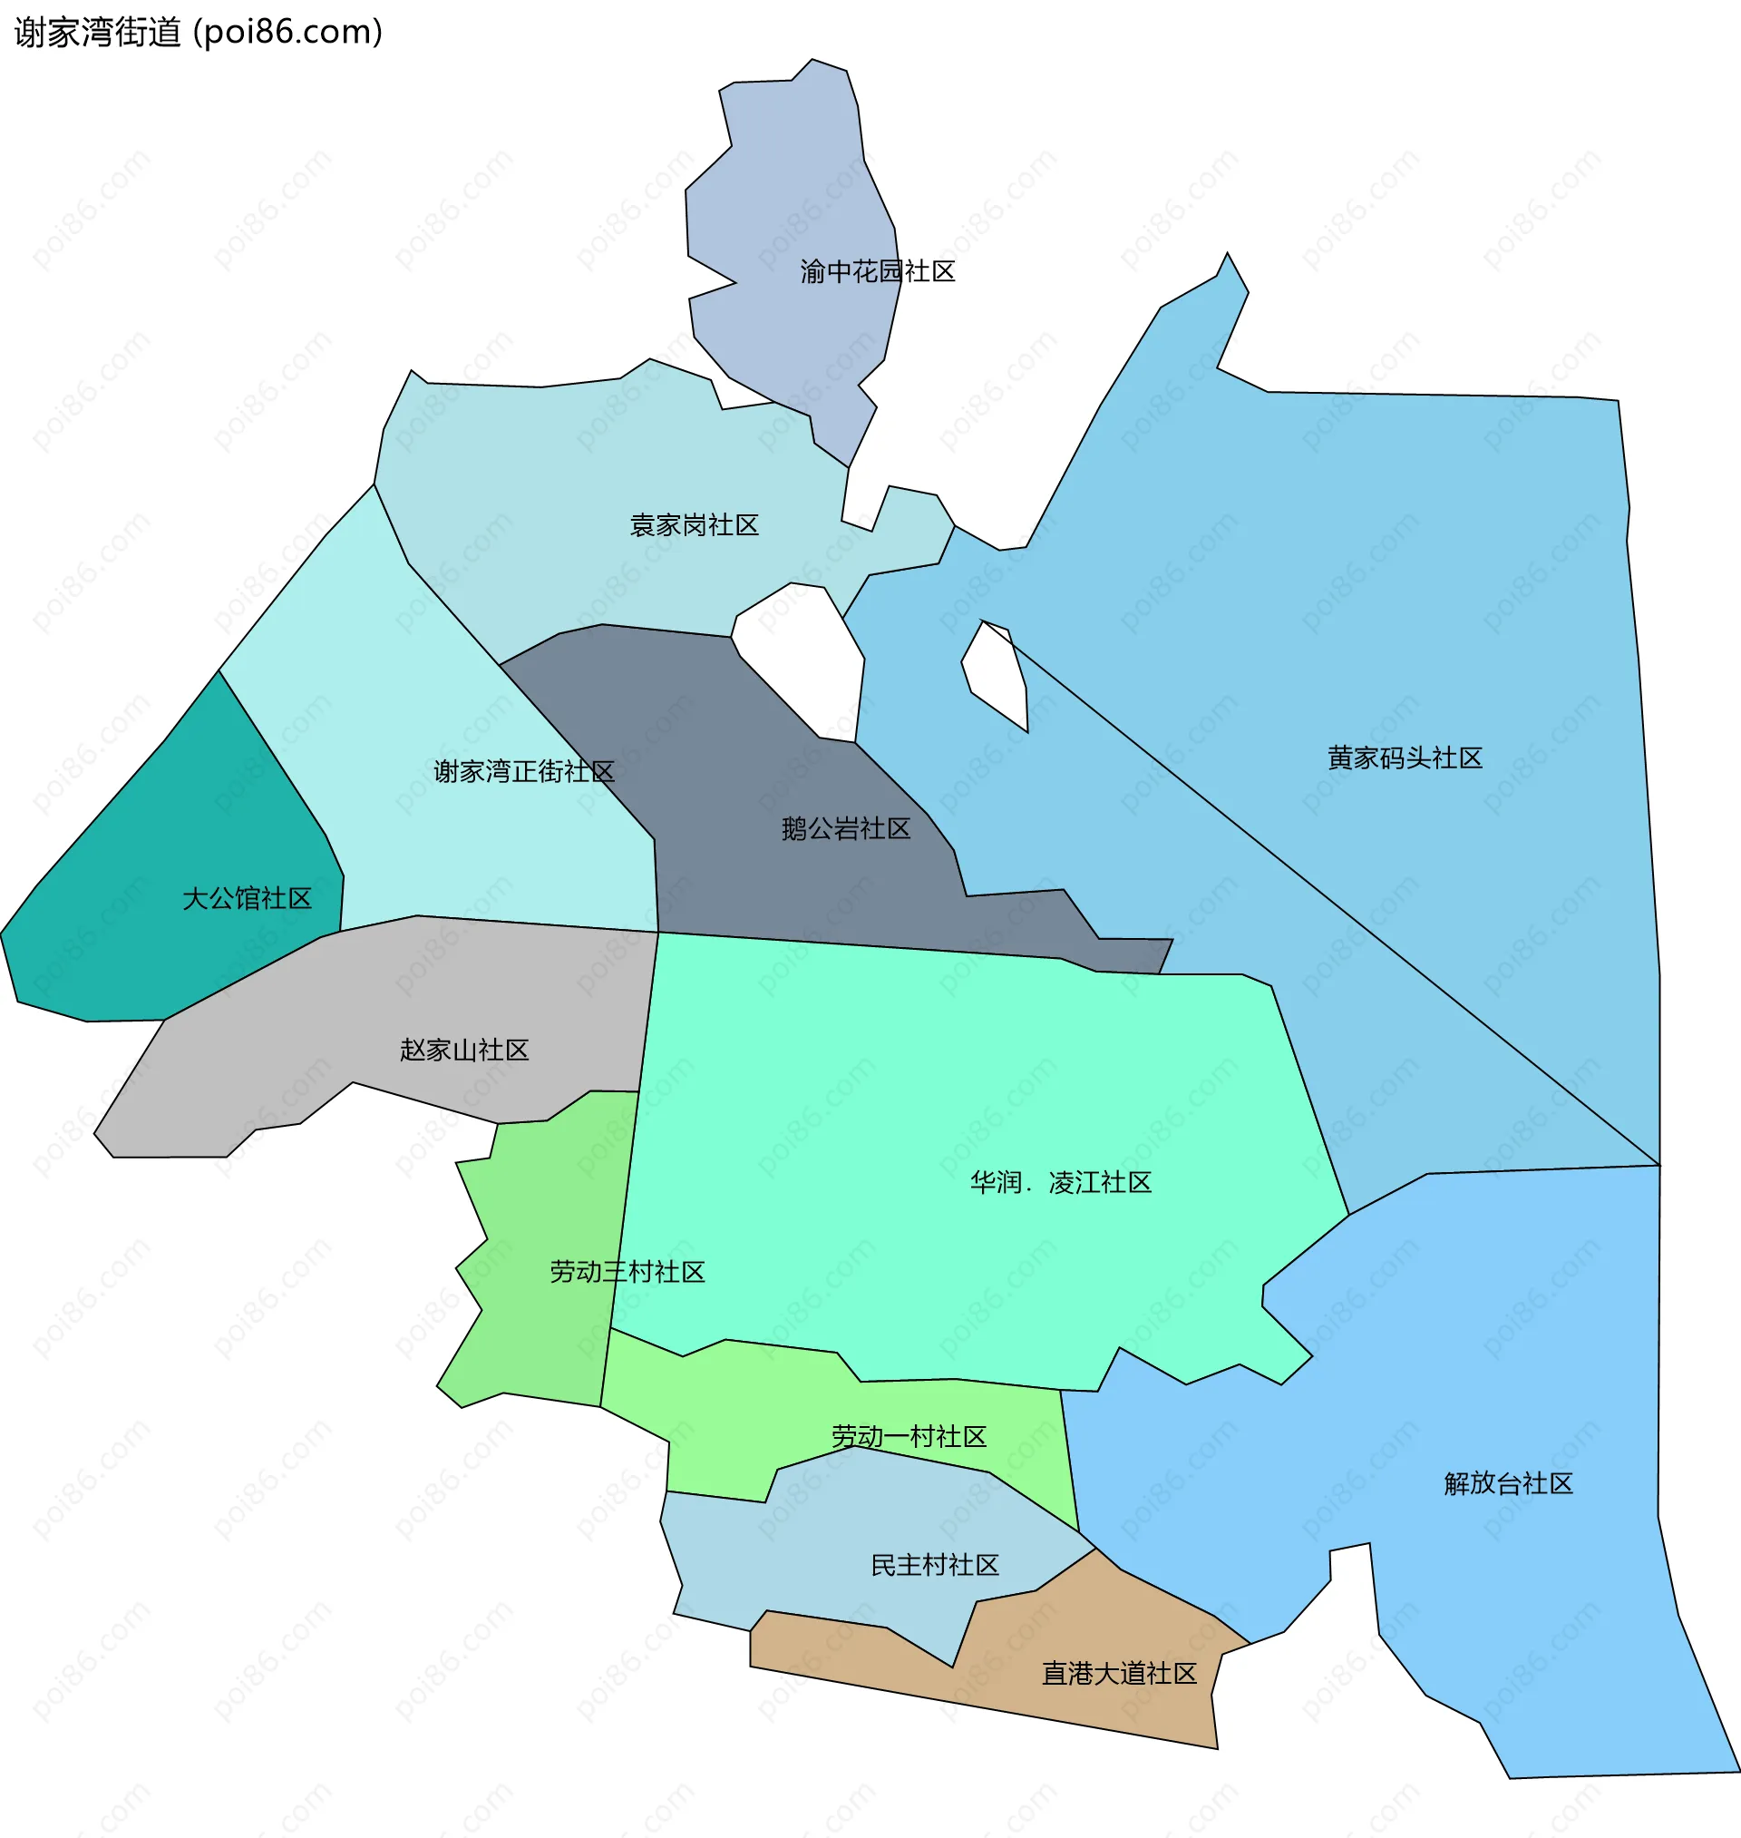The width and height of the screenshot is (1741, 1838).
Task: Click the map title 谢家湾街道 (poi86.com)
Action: (x=199, y=33)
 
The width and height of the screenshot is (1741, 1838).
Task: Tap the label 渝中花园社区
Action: (x=877, y=271)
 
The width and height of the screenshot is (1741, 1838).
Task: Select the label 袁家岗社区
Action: (x=695, y=525)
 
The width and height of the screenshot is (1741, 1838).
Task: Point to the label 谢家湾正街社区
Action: (x=523, y=771)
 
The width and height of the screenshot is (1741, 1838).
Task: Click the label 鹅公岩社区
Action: (x=845, y=829)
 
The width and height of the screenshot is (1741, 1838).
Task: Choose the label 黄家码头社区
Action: (x=1404, y=758)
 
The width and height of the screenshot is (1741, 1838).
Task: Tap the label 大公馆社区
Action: (x=247, y=898)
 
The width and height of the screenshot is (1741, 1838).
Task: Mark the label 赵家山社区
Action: (x=464, y=1050)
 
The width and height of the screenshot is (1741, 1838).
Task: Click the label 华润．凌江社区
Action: (x=1060, y=1183)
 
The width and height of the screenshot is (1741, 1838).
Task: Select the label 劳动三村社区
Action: (x=627, y=1272)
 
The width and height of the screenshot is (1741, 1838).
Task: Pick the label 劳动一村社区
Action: (x=909, y=1437)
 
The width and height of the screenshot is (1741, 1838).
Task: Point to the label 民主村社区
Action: (x=935, y=1565)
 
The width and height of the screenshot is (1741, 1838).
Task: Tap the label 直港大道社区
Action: (x=1119, y=1674)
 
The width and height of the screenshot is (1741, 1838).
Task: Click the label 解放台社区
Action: (x=1508, y=1483)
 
